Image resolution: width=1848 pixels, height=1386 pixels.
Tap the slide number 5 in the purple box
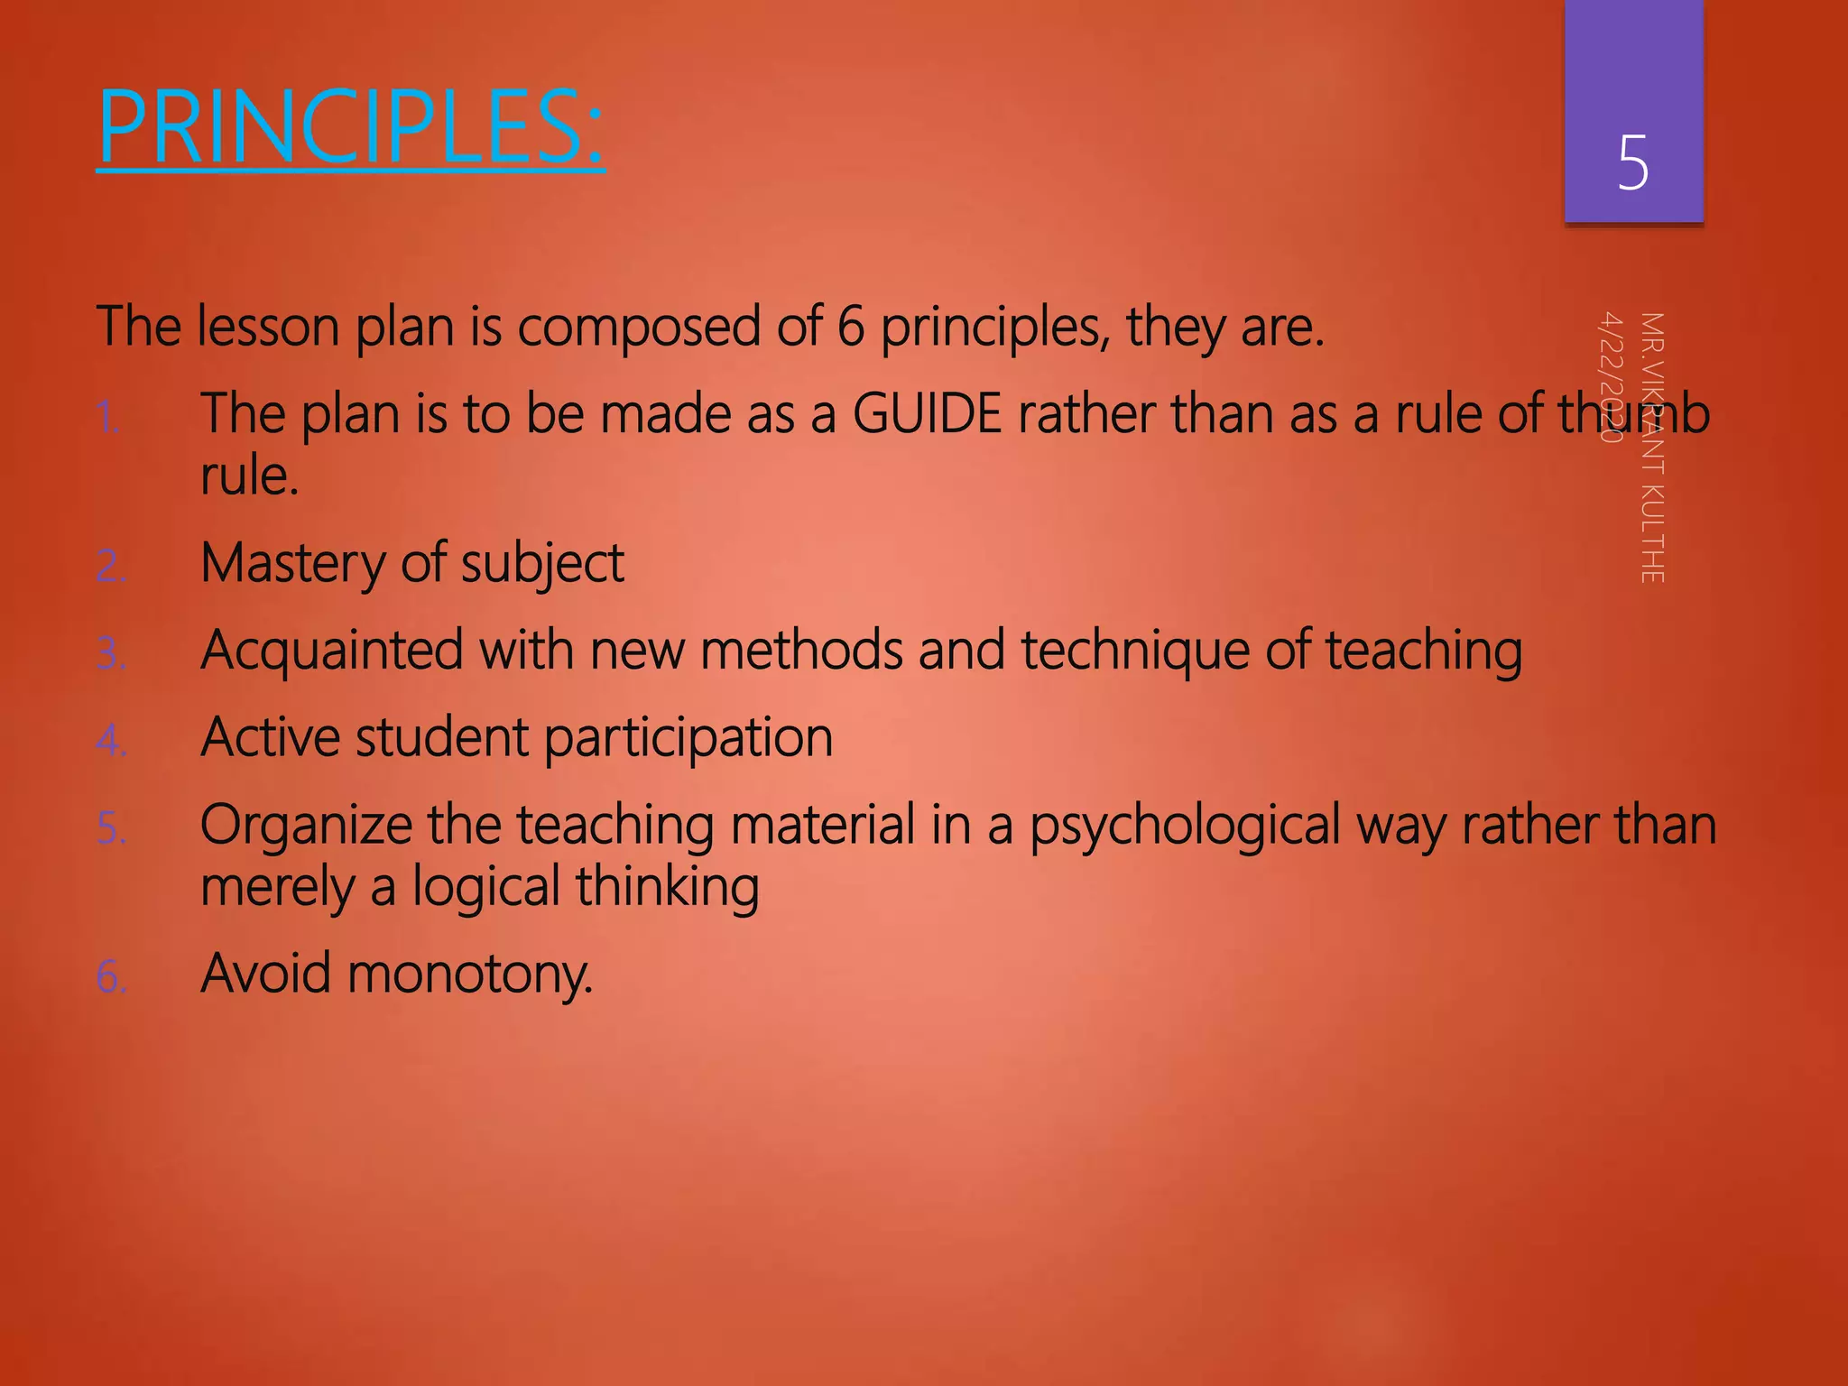click(x=1632, y=163)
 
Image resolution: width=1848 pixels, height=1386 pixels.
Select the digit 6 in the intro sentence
click(x=850, y=327)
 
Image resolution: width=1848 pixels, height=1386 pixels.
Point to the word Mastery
click(x=292, y=564)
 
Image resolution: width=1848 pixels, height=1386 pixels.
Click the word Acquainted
click(x=331, y=650)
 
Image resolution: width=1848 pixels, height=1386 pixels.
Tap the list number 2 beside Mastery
click(x=110, y=567)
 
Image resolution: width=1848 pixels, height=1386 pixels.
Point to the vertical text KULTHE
click(x=1651, y=532)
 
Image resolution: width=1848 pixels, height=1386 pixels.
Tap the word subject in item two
click(x=541, y=564)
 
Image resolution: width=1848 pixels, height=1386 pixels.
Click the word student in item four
click(x=441, y=738)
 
